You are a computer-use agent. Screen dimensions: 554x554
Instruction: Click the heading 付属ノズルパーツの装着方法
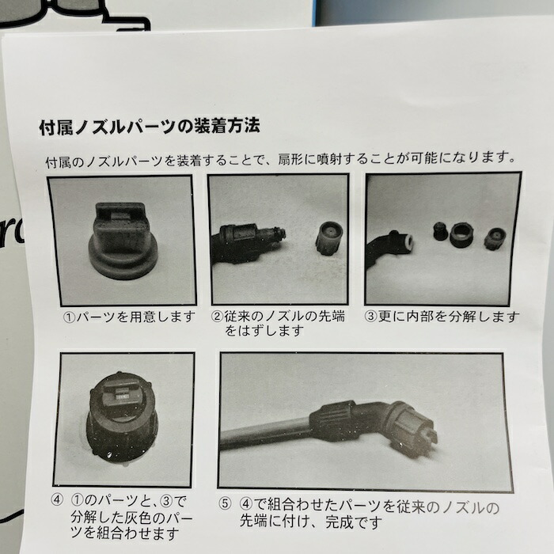150,126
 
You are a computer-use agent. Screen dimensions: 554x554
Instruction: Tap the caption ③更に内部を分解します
442,317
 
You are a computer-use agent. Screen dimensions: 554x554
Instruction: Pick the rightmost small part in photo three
496,237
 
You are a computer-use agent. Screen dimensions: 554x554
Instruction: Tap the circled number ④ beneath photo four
56,500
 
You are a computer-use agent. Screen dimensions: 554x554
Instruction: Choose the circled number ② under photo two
218,317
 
